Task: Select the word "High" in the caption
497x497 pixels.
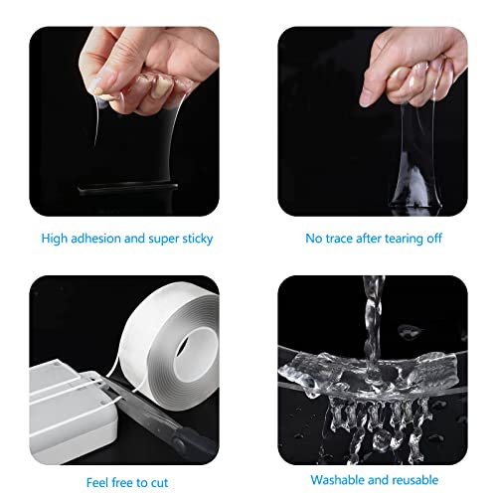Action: point(54,239)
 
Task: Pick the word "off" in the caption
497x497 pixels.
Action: point(434,239)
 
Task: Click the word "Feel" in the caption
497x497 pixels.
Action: point(97,482)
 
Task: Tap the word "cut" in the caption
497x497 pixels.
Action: point(160,483)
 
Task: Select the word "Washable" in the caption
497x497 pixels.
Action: point(337,480)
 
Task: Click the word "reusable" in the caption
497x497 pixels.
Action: point(415,480)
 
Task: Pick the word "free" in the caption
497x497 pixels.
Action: point(121,482)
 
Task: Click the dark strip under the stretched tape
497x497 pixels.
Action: point(127,189)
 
